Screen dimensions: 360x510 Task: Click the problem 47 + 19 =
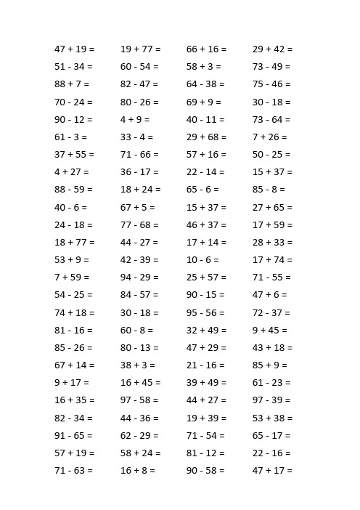pos(74,49)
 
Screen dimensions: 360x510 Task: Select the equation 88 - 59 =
pos(73,190)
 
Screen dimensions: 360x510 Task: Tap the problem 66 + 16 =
pos(206,49)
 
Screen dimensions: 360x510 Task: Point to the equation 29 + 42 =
pos(272,49)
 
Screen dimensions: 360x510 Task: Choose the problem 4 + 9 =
pos(135,120)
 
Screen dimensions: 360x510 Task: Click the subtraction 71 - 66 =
pos(139,155)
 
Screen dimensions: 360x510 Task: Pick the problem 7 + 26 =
pos(269,137)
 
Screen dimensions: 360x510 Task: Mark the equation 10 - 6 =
pos(202,260)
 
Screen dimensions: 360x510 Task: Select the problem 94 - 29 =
pos(139,278)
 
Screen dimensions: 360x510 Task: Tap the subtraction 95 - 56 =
pos(205,313)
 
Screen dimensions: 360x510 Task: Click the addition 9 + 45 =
pos(269,331)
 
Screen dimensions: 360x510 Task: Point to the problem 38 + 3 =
pos(138,365)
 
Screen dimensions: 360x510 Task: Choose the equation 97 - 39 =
pos(271,400)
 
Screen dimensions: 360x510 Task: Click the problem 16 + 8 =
pos(138,471)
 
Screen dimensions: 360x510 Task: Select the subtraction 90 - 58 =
pos(205,471)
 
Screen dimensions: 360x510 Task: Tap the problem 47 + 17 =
pos(272,471)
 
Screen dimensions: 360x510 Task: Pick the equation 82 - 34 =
pos(73,418)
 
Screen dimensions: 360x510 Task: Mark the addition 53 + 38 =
pos(272,418)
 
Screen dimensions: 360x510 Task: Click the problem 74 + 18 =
pos(74,313)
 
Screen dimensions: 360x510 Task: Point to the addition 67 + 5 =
pos(138,208)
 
